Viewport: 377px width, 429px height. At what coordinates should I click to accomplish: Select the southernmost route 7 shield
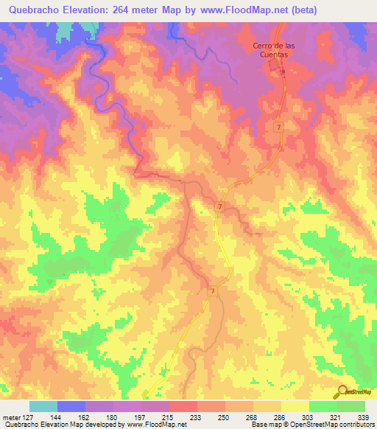pos(212,292)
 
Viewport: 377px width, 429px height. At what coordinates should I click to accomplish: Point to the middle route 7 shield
pos(220,208)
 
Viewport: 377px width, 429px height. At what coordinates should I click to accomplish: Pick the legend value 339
pos(364,416)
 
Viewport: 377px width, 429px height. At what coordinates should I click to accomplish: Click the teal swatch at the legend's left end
pos(43,406)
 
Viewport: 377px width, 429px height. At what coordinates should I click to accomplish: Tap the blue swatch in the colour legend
pos(71,406)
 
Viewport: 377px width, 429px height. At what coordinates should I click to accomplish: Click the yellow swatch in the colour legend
pos(295,406)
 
